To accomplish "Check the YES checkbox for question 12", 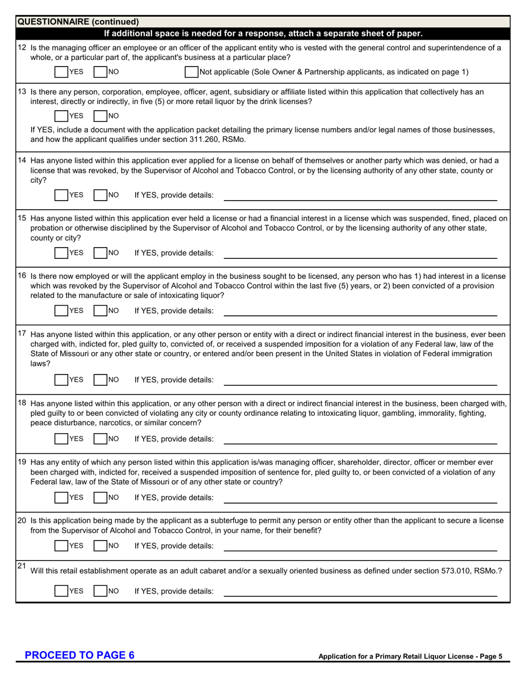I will point(61,72).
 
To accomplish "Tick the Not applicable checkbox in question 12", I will point(191,72).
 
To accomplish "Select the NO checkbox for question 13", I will point(100,116).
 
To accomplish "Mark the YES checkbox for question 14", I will point(61,195).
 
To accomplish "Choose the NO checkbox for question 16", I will point(100,311).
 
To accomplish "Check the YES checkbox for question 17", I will point(61,380).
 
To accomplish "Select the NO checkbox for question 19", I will point(100,498).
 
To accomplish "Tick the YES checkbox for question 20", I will point(61,546).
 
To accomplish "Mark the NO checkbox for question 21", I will point(100,591).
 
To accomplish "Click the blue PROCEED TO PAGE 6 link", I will point(79,656).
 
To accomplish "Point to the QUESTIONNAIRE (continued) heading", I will point(78,22).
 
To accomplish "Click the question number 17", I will point(22,334).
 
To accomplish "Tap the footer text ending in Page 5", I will point(410,657).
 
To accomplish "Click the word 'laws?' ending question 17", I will point(40,363).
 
